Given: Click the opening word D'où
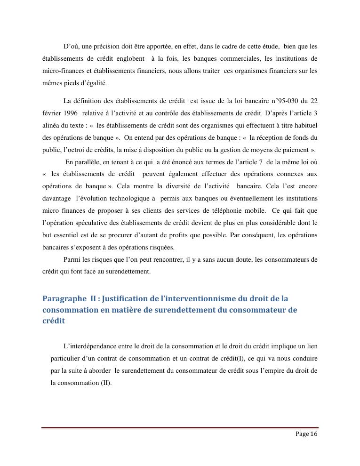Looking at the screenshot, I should [x=72, y=47].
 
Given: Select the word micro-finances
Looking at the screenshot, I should [x=61, y=71].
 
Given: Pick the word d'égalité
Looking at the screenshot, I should [x=92, y=83].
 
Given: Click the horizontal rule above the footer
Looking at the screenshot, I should [x=179, y=428].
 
